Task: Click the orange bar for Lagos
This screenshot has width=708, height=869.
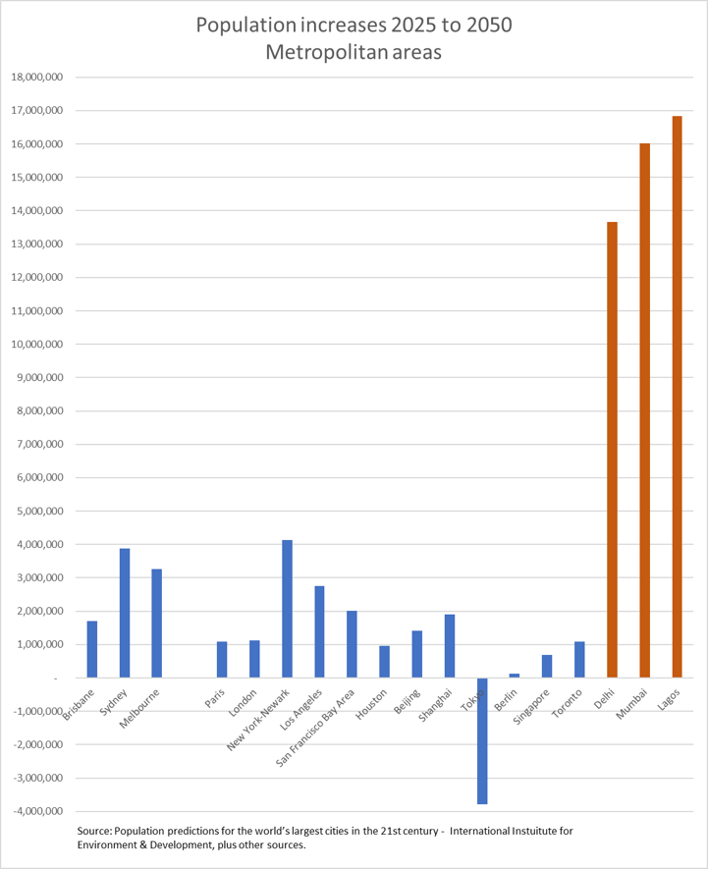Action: pyautogui.click(x=677, y=397)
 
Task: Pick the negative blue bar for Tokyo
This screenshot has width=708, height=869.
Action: pyautogui.click(x=482, y=740)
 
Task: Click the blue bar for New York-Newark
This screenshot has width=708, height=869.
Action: pyautogui.click(x=287, y=609)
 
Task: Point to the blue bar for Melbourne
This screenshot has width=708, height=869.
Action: pyautogui.click(x=157, y=624)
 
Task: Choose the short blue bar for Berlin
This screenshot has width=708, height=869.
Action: pyautogui.click(x=515, y=676)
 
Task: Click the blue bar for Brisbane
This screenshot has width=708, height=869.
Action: pyautogui.click(x=92, y=649)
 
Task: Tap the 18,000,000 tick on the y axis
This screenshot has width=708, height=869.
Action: pyautogui.click(x=35, y=77)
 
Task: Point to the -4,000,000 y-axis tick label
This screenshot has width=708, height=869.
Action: pyautogui.click(x=35, y=811)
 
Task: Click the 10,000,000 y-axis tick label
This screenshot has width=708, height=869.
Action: pyautogui.click(x=35, y=344)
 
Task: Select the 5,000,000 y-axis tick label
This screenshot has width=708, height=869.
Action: pyautogui.click(x=38, y=511)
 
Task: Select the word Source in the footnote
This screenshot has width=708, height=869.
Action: pyautogui.click(x=94, y=831)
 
